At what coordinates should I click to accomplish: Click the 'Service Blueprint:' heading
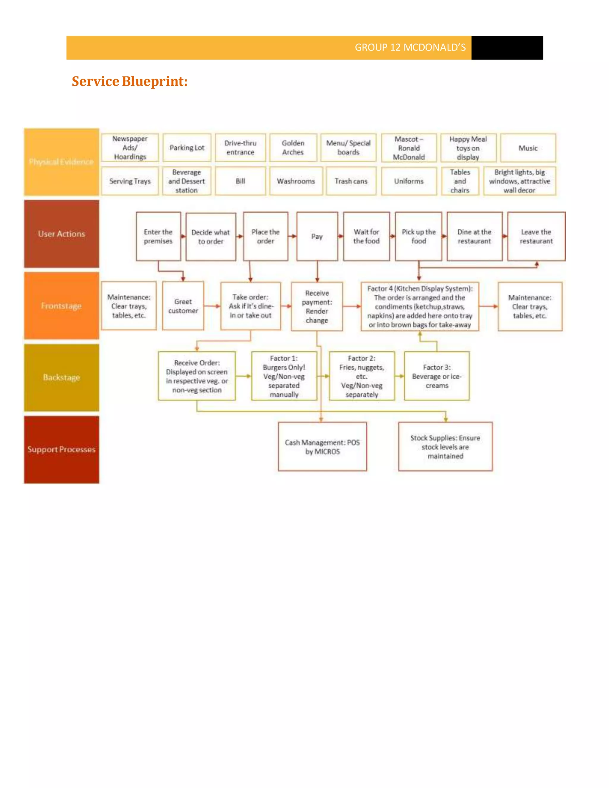click(130, 81)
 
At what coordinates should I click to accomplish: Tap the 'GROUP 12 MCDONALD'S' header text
click(410, 48)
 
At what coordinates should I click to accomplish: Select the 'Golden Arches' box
click(293, 148)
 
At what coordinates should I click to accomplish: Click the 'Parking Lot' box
click(187, 148)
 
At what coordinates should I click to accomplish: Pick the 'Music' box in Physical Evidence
click(528, 148)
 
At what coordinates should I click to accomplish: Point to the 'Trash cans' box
click(351, 181)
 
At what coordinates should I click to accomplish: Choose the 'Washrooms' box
click(296, 181)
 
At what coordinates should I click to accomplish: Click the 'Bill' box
click(240, 181)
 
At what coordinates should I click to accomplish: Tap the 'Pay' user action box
click(317, 237)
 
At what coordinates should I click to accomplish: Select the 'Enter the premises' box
click(158, 237)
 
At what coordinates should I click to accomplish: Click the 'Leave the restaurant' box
click(536, 237)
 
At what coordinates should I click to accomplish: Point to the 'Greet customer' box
click(183, 306)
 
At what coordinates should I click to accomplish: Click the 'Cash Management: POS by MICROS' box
click(322, 447)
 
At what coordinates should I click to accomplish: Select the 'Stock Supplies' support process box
click(445, 447)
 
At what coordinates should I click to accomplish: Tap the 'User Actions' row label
click(62, 234)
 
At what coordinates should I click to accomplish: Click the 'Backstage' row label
click(62, 377)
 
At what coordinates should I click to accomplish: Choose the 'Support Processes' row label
click(62, 450)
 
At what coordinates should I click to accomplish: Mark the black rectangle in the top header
click(507, 48)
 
